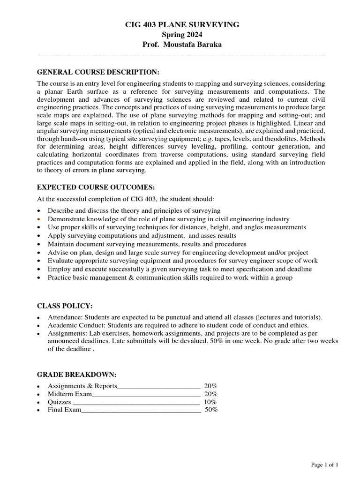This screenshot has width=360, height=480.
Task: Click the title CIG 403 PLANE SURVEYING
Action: click(x=181, y=24)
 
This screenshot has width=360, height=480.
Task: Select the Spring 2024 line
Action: click(x=181, y=34)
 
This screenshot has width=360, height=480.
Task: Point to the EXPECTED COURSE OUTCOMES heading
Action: click(x=96, y=187)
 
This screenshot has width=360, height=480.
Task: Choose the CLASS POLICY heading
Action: click(x=65, y=306)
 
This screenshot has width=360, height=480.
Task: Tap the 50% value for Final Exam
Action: click(x=211, y=410)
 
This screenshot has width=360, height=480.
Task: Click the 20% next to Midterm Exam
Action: click(x=210, y=394)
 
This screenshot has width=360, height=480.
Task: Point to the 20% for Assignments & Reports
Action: click(x=210, y=386)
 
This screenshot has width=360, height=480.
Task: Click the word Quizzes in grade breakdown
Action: click(x=60, y=402)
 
